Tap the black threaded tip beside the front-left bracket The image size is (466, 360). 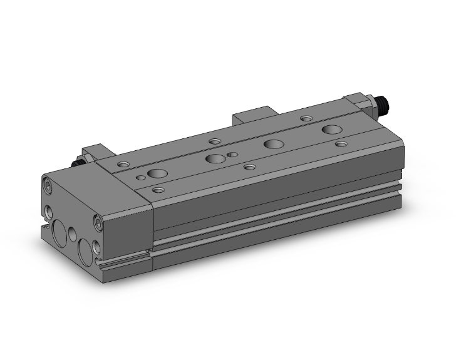click(78, 162)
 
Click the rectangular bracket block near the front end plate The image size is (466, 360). click(96, 155)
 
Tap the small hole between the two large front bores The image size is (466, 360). click(73, 235)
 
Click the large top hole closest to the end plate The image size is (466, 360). click(155, 173)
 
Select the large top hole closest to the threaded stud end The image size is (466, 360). click(332, 130)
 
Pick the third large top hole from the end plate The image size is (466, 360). click(272, 143)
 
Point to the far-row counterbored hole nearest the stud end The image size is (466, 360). click(306, 118)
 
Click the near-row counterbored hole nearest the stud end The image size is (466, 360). click(341, 144)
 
